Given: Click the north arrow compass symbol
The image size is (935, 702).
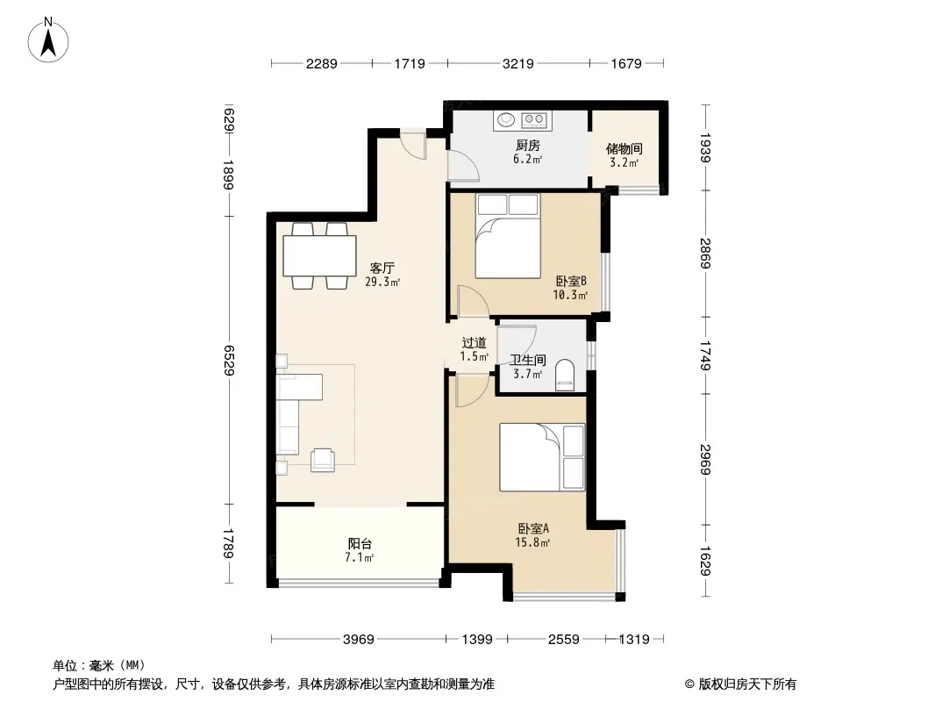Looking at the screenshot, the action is coord(48,39).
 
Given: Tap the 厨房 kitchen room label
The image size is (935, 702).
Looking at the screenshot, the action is coord(528,145).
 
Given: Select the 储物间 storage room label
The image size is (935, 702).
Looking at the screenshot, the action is coord(624,148).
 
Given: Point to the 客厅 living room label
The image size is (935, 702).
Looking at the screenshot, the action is coord(382,269).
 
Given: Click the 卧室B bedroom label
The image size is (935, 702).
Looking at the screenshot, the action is coord(571,281).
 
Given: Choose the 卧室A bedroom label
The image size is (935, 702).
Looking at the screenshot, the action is coord(533,528).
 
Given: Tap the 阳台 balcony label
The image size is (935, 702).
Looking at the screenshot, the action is coord(360,544).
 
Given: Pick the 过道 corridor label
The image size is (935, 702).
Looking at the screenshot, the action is coord(474,343).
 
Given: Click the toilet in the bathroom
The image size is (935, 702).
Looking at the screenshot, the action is coord(564,376).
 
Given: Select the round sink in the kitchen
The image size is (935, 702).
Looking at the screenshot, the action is coord(507,120).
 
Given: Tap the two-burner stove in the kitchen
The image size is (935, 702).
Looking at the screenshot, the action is coord(535,120).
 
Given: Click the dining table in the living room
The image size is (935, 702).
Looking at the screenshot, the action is coord(319,255).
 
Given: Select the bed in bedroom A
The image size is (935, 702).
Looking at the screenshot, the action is coord(542,457).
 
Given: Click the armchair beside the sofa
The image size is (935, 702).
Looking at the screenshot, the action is coord(323,459).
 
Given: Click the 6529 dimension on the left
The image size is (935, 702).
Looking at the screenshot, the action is coord(228,361).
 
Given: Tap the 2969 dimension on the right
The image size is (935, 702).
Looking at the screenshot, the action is coord(705,459).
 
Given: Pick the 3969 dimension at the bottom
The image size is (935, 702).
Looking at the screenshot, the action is coord(359,640).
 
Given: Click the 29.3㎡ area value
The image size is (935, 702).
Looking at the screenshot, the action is coord(382,282).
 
